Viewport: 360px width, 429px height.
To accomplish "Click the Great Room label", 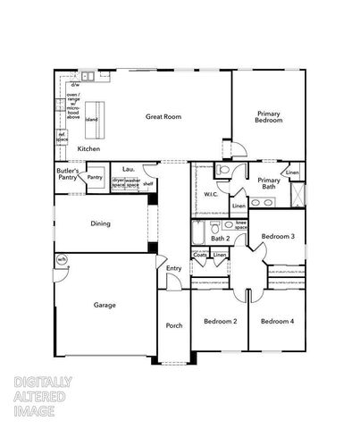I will click(163, 116).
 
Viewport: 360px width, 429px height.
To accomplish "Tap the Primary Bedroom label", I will click(270, 117).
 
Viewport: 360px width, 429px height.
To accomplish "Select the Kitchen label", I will click(88, 148).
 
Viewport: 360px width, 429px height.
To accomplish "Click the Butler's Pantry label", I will click(68, 173).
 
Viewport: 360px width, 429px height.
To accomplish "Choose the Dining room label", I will click(100, 223).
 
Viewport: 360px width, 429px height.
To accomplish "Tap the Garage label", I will click(105, 305).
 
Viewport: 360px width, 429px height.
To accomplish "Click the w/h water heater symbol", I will click(62, 260).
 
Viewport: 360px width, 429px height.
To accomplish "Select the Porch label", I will click(174, 325).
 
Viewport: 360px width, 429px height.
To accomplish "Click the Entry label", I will click(173, 268).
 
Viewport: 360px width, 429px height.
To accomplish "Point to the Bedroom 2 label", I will click(220, 321).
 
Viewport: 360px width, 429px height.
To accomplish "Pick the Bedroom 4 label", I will click(277, 321).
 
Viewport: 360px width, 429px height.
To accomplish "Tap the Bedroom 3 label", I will click(278, 236).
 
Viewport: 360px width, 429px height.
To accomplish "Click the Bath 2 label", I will click(221, 239).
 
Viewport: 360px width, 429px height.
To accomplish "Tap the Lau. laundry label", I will click(129, 168).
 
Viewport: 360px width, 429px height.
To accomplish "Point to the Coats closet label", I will click(201, 256).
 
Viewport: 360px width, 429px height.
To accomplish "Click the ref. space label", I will click(63, 138).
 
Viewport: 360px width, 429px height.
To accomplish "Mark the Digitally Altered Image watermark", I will click(43, 397).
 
